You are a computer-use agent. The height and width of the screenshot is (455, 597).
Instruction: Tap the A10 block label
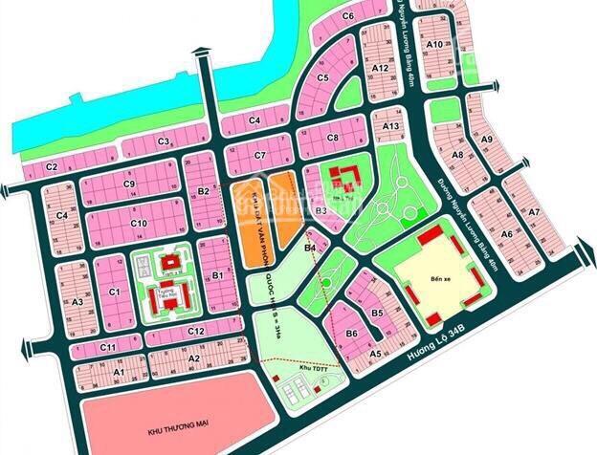click(433, 45)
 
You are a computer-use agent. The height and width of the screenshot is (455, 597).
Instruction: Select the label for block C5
click(323, 77)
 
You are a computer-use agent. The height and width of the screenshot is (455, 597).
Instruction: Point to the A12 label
click(380, 69)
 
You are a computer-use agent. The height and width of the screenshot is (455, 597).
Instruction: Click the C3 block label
click(164, 142)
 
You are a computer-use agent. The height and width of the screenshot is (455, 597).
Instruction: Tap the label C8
click(333, 139)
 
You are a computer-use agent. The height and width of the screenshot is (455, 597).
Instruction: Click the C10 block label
click(139, 224)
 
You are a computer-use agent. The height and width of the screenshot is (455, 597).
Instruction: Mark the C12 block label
click(197, 331)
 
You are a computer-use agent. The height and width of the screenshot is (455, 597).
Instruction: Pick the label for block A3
click(79, 302)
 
